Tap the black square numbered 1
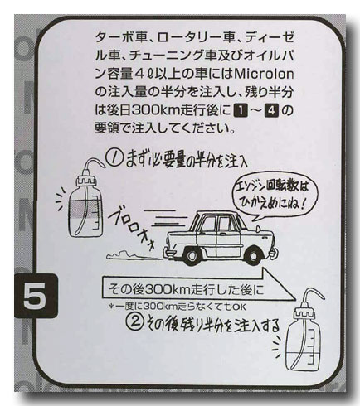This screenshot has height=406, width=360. [240, 111]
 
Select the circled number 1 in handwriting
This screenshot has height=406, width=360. [114, 159]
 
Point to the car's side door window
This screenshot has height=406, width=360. [226, 224]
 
